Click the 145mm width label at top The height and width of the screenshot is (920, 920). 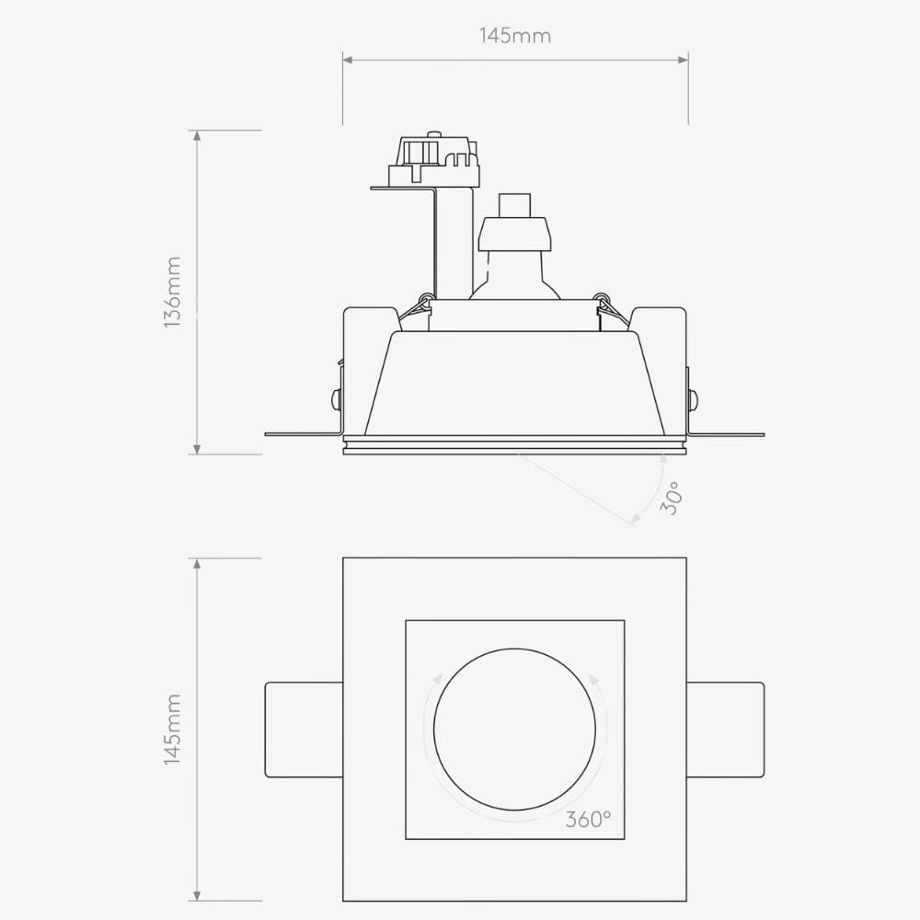point(515,37)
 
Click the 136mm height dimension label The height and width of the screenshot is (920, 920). point(172,293)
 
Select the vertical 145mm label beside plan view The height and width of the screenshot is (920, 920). point(172,730)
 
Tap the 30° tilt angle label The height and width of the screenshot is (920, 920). point(672,498)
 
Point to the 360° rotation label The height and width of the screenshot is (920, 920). point(588,820)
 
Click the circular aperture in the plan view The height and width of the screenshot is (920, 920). point(515,730)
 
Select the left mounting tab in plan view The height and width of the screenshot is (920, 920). point(304,730)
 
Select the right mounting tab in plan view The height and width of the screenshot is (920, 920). point(725,730)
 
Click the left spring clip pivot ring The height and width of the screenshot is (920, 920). point(425,298)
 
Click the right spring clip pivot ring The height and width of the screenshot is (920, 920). point(602,298)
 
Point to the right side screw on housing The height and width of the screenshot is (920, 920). point(692,399)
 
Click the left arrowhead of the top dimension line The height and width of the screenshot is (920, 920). point(348,61)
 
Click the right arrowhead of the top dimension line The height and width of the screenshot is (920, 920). point(683,61)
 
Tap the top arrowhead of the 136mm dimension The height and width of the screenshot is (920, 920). point(196,136)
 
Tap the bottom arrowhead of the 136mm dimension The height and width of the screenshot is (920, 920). point(196,448)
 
